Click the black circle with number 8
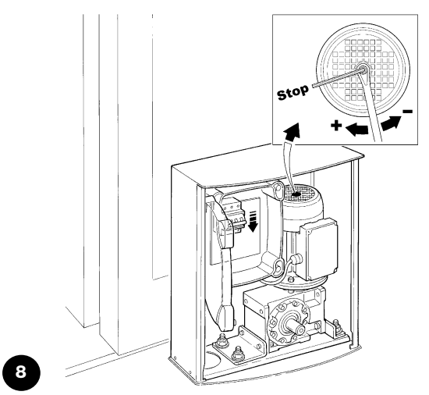(x=21, y=372)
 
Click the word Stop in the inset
(x=292, y=93)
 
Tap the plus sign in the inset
(x=336, y=126)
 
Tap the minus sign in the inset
(x=408, y=111)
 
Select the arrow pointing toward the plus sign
(x=356, y=129)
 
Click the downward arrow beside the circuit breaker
(x=253, y=221)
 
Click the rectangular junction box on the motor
(x=319, y=249)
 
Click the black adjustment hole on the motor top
(x=296, y=194)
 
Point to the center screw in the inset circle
(x=363, y=68)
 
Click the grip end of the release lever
(x=226, y=317)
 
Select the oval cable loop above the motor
(x=278, y=190)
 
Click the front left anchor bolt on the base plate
(x=236, y=354)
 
